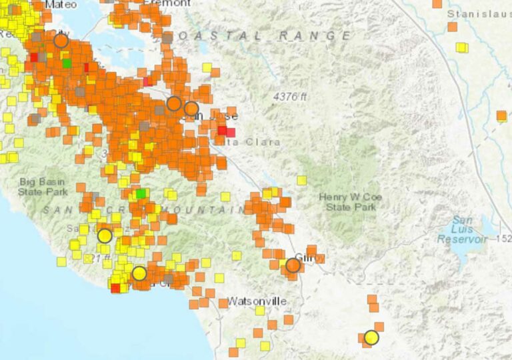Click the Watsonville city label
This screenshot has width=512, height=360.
(x=257, y=301)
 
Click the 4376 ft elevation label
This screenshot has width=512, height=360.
(x=289, y=97)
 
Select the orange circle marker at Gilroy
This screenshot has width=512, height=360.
(x=293, y=266)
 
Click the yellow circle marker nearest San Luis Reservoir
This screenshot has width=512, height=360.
(x=371, y=337)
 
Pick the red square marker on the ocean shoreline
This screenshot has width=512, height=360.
(x=115, y=288)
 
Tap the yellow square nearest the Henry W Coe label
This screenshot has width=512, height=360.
(x=301, y=180)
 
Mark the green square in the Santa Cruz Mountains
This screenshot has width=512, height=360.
(x=141, y=194)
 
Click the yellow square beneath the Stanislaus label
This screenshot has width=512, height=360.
(x=461, y=47)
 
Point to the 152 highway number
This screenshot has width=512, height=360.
(x=505, y=239)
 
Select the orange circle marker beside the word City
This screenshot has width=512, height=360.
(x=61, y=41)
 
